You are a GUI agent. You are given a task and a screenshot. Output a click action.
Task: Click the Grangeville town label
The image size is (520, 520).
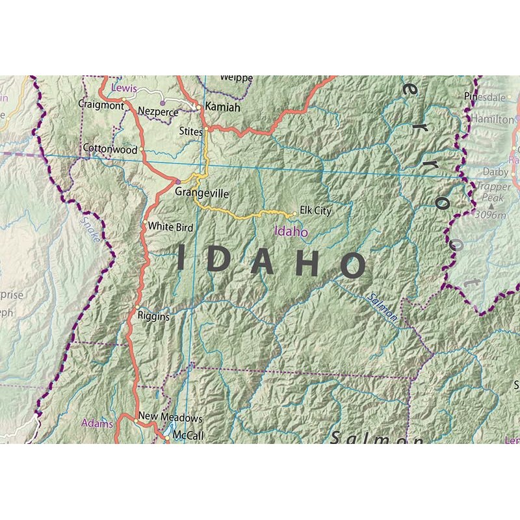[201, 193]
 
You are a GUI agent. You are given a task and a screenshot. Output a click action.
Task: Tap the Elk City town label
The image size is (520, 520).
[315, 211]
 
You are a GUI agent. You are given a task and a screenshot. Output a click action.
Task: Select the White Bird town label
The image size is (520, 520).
[170, 227]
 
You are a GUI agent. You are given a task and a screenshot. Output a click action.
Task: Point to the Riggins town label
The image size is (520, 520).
[153, 317]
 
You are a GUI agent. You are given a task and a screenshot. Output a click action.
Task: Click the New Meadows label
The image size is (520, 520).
[170, 418]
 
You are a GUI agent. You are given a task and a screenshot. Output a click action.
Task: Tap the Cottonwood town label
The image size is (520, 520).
[110, 149]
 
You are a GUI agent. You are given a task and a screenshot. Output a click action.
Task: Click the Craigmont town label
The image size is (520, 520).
[101, 104]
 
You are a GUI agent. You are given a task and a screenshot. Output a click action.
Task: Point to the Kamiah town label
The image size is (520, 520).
[222, 107]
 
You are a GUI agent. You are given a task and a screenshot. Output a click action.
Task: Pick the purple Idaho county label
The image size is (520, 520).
[291, 231]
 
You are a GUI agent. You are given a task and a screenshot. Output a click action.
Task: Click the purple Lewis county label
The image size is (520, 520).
[125, 86]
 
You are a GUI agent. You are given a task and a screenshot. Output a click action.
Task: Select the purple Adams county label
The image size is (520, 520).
[97, 423]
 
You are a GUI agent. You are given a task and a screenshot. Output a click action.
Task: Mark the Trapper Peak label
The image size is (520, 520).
[493, 191]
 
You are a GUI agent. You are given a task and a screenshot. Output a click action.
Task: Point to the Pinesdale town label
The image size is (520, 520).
[484, 97]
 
